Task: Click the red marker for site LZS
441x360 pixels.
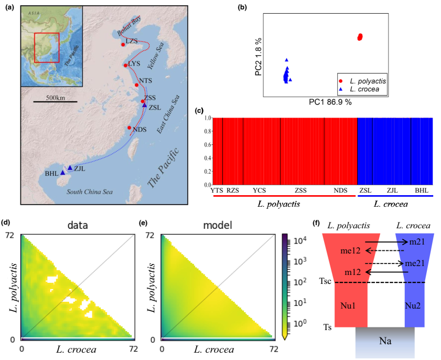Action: click(123, 45)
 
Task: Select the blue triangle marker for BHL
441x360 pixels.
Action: click(62, 172)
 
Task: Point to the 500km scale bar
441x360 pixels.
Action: click(54, 101)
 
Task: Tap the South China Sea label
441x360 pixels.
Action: click(89, 192)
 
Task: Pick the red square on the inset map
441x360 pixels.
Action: click(47, 47)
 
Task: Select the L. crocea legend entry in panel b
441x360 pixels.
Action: click(362, 90)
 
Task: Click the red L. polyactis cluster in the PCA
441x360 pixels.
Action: click(360, 37)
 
